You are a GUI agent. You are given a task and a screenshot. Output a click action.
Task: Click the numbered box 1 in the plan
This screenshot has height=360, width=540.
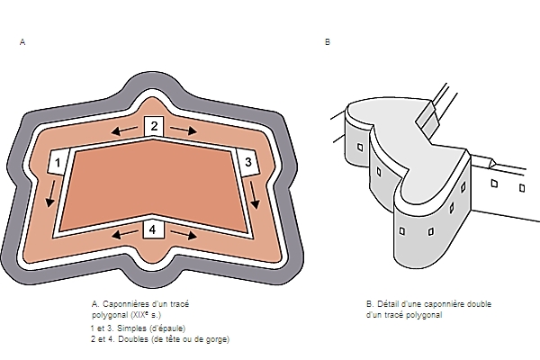(x=58, y=162)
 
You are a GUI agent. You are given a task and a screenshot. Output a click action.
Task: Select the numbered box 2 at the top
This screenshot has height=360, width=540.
(x=154, y=126)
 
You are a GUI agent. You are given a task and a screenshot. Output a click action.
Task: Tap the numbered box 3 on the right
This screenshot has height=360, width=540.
(x=247, y=162)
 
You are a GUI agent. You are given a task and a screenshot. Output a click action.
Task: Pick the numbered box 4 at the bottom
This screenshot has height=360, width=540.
(x=153, y=229)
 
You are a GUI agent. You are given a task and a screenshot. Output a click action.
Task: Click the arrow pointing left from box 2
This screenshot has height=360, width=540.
(x=124, y=130)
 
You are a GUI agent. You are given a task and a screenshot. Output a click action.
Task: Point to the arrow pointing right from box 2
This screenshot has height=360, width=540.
(x=184, y=130)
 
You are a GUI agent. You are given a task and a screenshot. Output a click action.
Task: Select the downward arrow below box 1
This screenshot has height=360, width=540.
(x=51, y=194)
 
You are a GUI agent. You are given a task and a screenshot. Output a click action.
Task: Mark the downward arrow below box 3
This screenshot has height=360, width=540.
(x=254, y=195)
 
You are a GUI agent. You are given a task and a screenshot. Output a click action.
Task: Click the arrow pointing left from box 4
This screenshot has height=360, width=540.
(x=125, y=235)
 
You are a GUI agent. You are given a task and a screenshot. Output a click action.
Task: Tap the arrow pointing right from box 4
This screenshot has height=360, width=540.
(x=184, y=235)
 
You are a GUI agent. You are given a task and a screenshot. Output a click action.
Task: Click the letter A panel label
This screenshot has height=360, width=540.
(x=22, y=42)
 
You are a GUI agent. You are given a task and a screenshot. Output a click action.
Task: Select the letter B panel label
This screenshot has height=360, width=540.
(x=328, y=42)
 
